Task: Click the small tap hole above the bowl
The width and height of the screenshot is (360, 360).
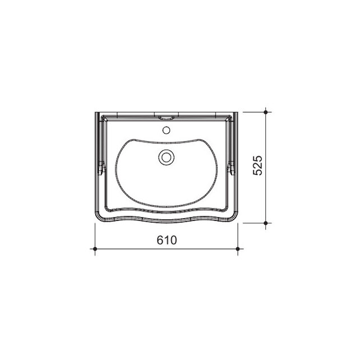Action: (x=166, y=130)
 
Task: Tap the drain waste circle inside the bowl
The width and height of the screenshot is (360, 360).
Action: (x=166, y=157)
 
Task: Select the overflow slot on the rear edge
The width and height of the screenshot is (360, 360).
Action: (x=166, y=118)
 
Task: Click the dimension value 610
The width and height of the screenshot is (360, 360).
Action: (x=167, y=240)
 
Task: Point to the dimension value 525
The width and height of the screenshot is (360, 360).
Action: (x=257, y=165)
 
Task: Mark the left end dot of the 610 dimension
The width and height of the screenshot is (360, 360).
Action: (x=95, y=249)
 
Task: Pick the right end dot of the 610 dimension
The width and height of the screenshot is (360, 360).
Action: (x=238, y=249)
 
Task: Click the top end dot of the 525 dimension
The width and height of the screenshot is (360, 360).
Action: (x=266, y=112)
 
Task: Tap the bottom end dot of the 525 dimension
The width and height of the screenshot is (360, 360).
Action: (x=266, y=223)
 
